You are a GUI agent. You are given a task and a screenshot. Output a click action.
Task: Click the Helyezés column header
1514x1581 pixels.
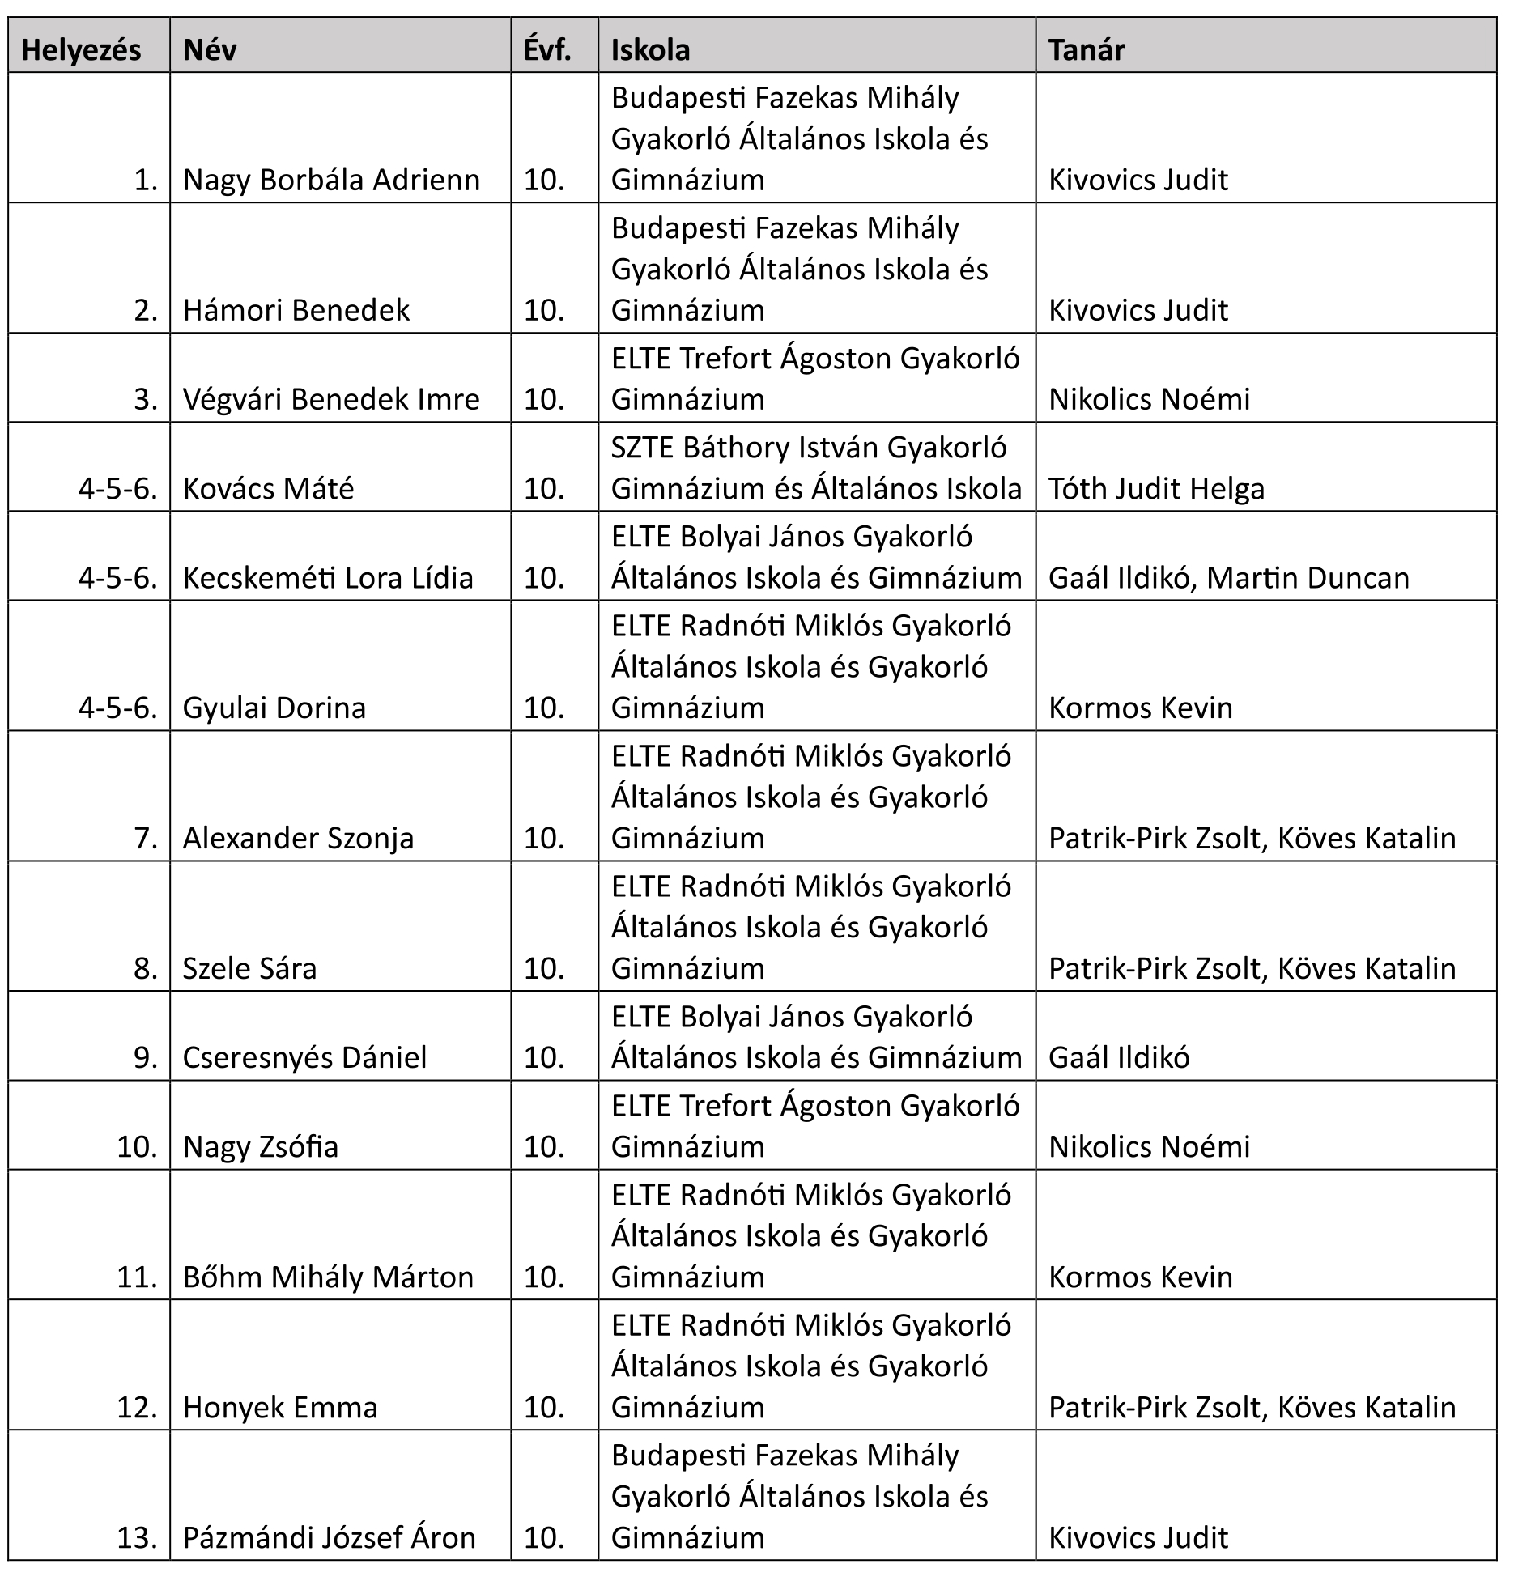pos(81,50)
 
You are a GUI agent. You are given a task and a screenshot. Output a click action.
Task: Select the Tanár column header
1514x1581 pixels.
pos(1087,50)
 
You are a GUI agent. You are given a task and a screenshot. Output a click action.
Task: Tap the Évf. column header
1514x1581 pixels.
pos(547,50)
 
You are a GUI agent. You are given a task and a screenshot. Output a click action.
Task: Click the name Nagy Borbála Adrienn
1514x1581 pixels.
pos(331,180)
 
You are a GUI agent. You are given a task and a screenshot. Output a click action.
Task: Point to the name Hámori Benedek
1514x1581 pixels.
pos(296,310)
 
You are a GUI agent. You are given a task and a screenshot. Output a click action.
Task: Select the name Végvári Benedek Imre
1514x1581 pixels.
pos(331,399)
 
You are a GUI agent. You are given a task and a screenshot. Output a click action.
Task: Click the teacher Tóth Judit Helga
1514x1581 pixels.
pos(1156,489)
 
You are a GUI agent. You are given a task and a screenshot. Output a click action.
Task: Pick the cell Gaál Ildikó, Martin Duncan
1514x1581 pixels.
pos(1228,578)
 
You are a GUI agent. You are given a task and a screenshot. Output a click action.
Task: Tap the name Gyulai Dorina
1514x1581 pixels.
pos(274,708)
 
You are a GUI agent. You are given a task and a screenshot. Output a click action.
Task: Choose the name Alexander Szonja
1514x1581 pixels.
pos(298,839)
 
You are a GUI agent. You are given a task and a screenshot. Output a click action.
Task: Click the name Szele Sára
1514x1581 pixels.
pos(249,969)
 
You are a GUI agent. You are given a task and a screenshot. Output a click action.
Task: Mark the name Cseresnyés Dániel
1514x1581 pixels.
pos(304,1058)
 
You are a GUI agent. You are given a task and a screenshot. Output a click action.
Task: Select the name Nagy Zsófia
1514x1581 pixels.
pos(261,1147)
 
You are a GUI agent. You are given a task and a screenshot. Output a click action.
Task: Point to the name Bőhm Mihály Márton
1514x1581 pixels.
pos(328,1277)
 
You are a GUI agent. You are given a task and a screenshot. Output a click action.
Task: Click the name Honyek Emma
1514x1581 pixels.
pos(280,1408)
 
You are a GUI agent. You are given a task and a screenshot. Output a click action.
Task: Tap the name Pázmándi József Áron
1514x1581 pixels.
pos(330,1538)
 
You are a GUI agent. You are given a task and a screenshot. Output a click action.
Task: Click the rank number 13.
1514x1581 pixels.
pos(137,1538)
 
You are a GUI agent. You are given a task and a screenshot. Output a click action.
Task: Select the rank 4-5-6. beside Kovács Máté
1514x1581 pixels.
pos(118,489)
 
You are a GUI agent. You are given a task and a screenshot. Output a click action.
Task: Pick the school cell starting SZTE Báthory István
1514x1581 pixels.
pos(816,468)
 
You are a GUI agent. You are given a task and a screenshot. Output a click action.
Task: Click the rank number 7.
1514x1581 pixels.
pos(146,839)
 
